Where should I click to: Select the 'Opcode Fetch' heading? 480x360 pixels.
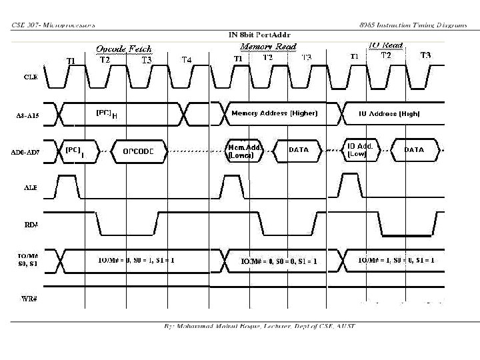[124, 49]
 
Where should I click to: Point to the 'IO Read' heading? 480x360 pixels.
[386, 45]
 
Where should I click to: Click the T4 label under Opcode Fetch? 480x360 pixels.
[188, 60]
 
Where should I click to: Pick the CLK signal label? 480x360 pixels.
[31, 77]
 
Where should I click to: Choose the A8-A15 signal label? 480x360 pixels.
[29, 115]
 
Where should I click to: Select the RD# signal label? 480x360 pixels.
[31, 225]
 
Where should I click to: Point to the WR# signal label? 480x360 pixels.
[29, 298]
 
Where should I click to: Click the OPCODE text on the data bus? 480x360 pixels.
[139, 151]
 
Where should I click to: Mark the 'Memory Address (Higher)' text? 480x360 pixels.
[274, 113]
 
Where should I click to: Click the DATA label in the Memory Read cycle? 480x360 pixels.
[298, 150]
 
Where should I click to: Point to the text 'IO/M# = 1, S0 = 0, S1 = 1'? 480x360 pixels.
[396, 260]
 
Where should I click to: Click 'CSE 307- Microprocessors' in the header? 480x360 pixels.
[53, 25]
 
